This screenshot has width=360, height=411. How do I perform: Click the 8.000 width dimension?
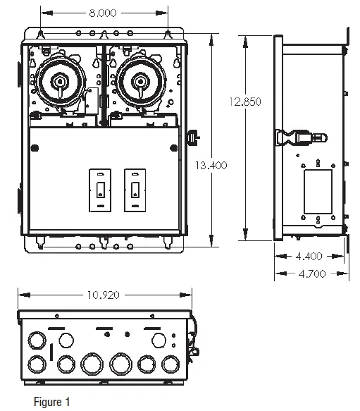pos(104,13)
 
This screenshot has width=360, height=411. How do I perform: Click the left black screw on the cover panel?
pos(35,147)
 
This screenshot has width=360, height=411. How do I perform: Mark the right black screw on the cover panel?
pos(172,147)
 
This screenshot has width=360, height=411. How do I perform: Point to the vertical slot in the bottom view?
pos(50,350)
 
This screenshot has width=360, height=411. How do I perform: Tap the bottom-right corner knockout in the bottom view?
pos(170,364)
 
